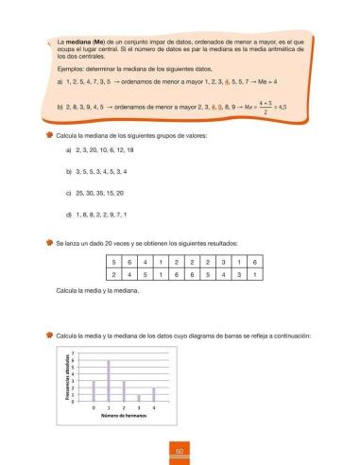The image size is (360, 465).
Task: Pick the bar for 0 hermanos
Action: (x=94, y=390)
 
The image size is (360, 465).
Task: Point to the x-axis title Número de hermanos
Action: (x=123, y=416)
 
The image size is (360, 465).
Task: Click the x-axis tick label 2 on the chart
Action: (x=124, y=406)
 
